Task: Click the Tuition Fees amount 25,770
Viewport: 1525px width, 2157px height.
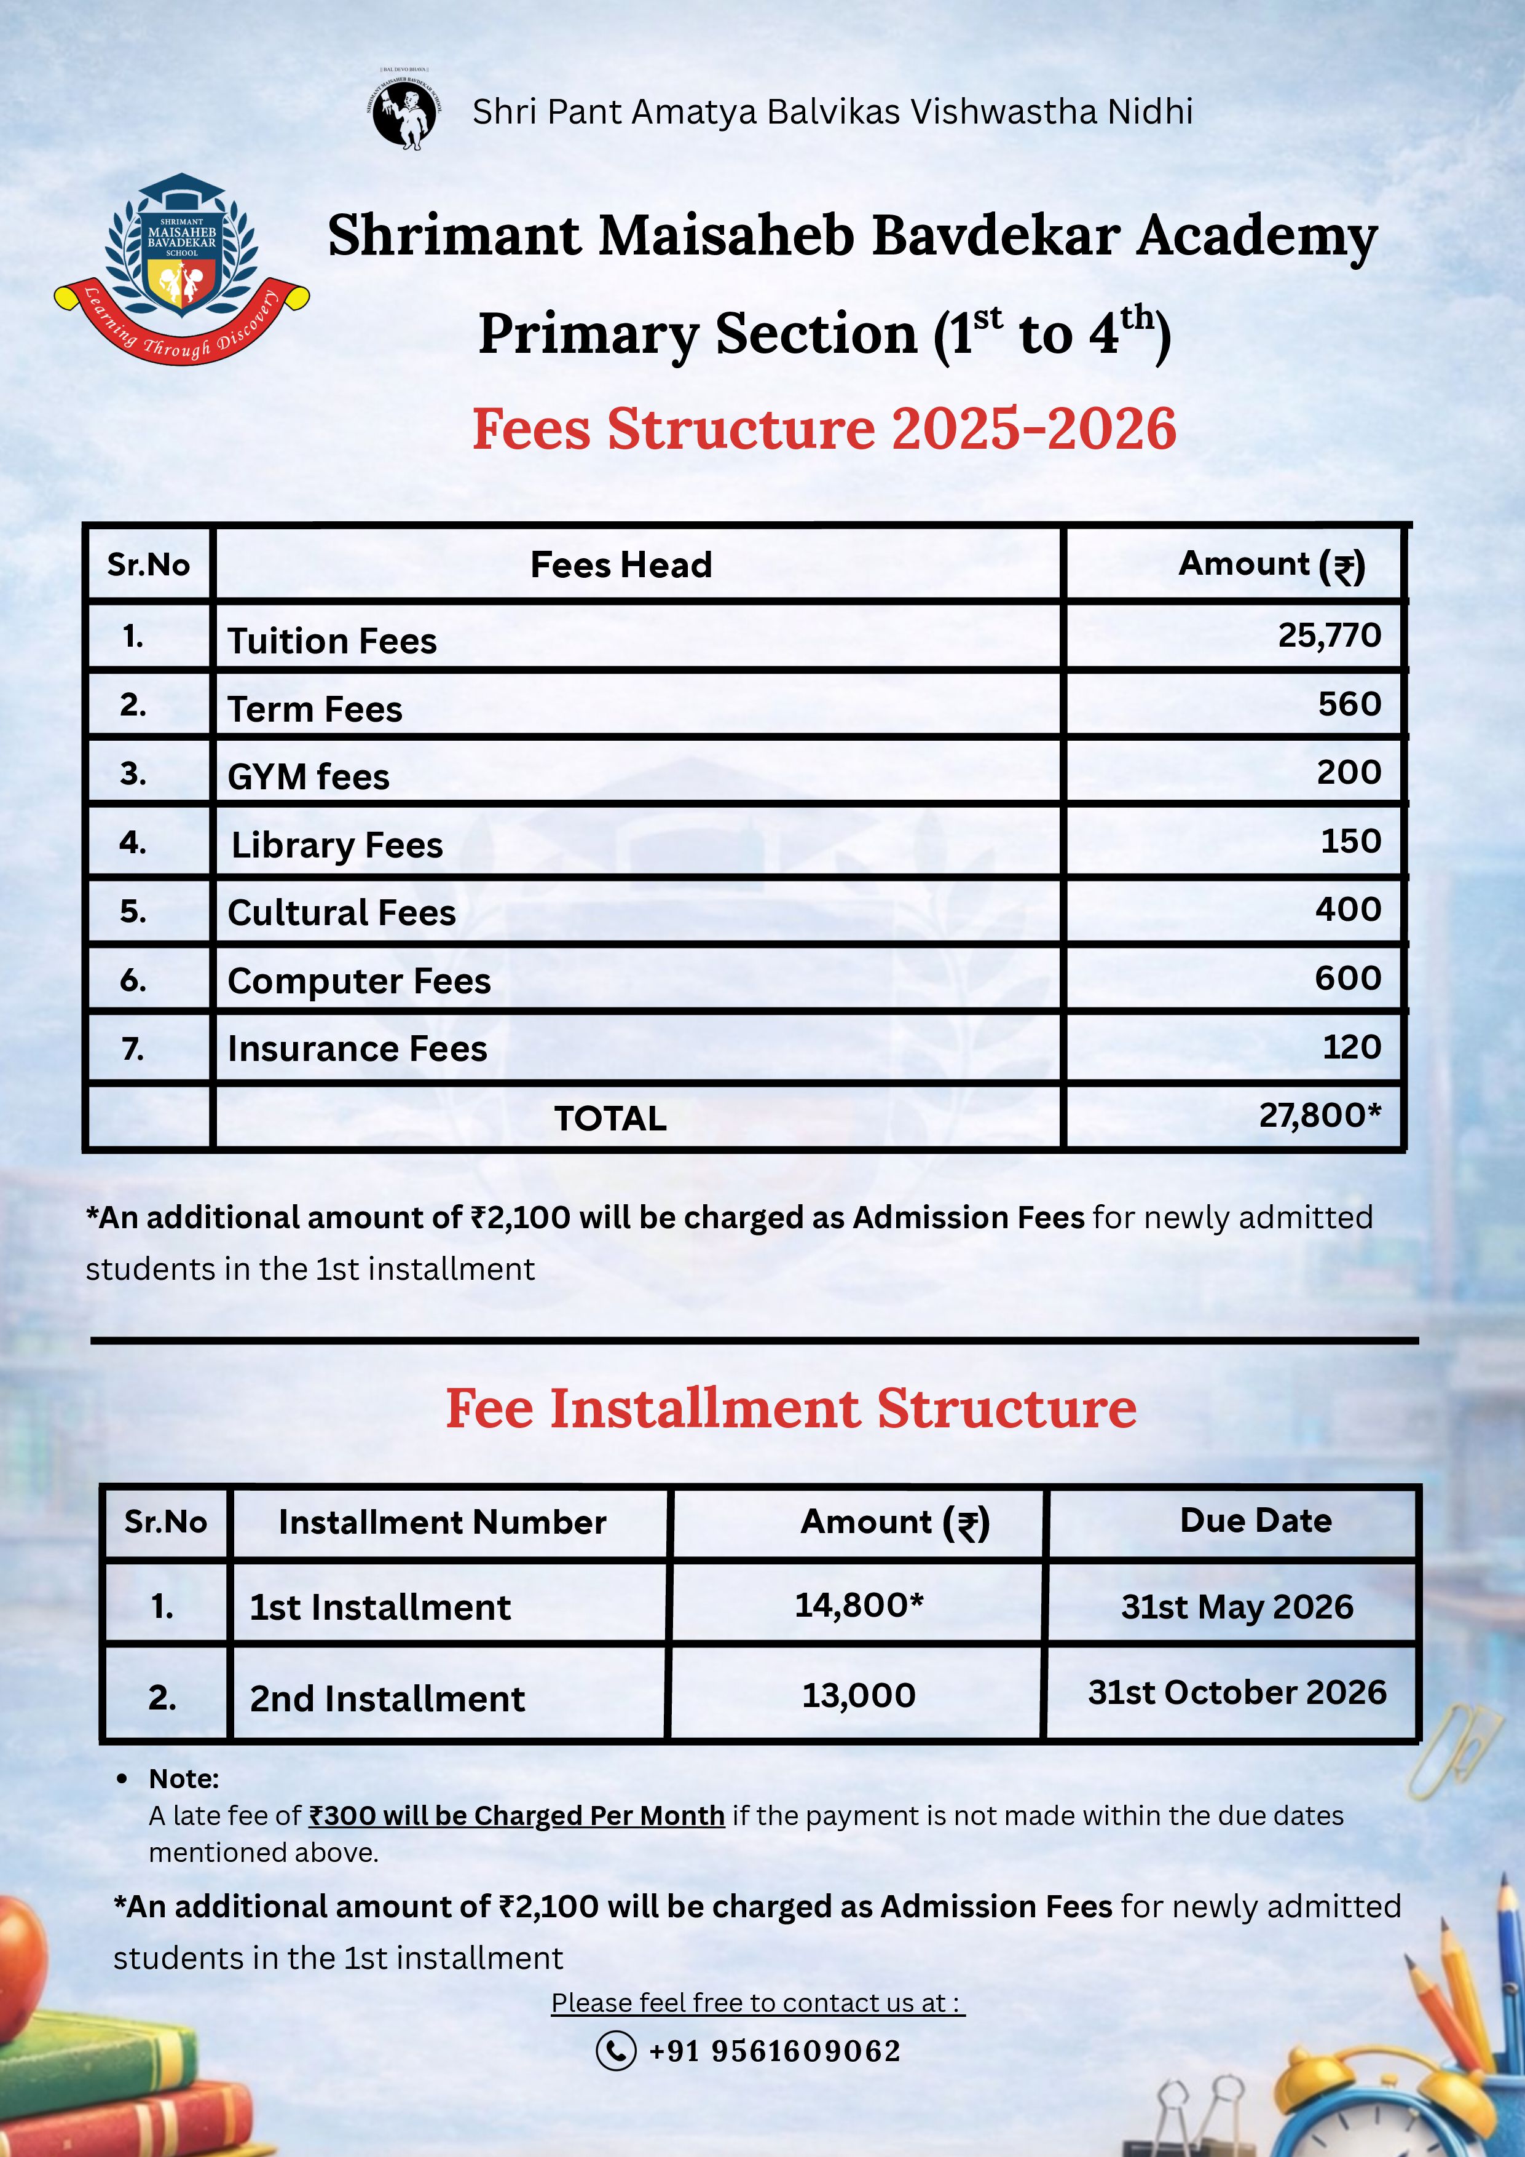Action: click(x=1329, y=636)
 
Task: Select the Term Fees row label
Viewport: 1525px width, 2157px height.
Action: click(x=315, y=709)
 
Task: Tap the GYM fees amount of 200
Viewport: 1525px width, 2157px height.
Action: click(x=1349, y=772)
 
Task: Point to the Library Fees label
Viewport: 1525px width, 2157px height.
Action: click(x=336, y=845)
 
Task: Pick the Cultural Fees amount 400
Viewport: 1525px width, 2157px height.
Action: click(x=1347, y=909)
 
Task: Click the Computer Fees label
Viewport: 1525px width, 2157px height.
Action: click(x=359, y=981)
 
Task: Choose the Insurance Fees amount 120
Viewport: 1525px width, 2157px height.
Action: click(x=1351, y=1047)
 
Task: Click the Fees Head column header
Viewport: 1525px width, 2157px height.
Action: click(x=621, y=565)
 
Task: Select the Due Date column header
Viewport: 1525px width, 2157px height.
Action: click(x=1255, y=1520)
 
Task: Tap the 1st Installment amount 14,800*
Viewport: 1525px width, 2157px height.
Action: click(x=859, y=1604)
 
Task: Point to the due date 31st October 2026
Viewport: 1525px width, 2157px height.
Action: click(x=1237, y=1692)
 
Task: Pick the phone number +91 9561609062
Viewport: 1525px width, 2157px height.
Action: click(x=774, y=2051)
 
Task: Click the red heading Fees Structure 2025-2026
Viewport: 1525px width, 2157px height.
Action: click(x=824, y=429)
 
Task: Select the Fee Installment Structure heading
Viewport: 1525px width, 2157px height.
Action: click(x=790, y=1408)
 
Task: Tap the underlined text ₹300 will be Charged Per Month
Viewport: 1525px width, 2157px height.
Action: click(x=517, y=1815)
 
